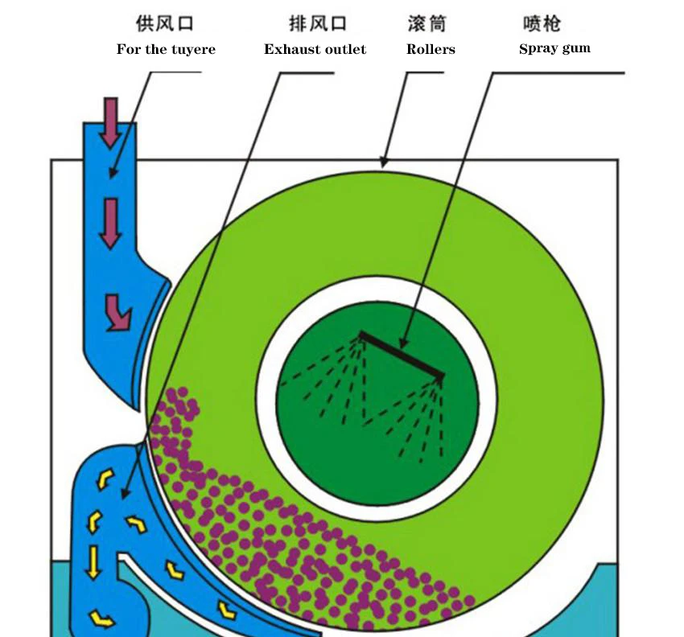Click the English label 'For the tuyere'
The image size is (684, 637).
tap(166, 49)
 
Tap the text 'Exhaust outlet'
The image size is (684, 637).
tap(315, 49)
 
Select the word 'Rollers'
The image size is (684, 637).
tap(431, 49)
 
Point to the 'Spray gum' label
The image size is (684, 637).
tap(554, 48)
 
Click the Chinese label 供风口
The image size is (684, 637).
tap(166, 23)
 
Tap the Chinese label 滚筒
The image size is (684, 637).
tap(427, 23)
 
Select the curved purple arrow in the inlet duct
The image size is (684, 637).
tap(117, 312)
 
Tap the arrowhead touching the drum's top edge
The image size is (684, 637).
tap(385, 163)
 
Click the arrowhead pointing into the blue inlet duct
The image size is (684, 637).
tap(113, 173)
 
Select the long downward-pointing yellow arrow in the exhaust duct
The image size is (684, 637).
tap(93, 561)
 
